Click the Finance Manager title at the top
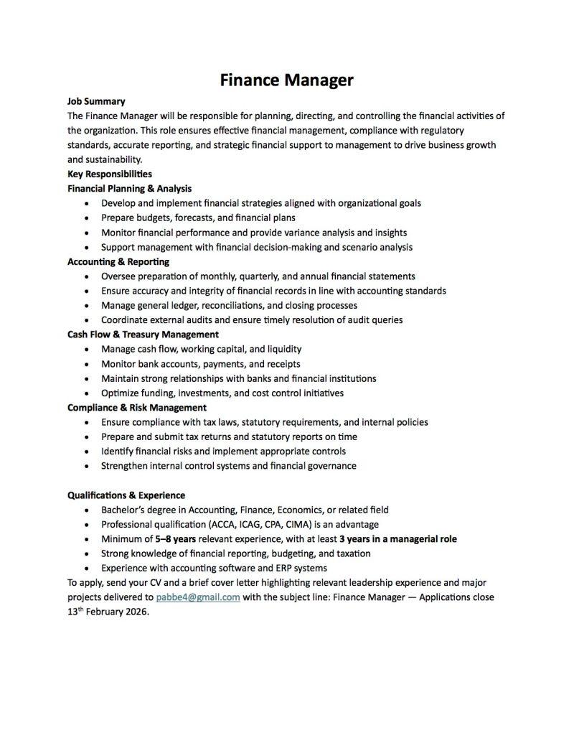tap(286, 80)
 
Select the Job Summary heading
tap(96, 101)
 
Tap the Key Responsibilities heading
tap(109, 174)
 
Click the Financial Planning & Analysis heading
tap(129, 188)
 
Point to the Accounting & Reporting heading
tap(118, 261)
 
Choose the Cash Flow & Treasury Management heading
tap(143, 335)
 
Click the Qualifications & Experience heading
tap(126, 495)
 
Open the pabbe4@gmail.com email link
tap(197, 597)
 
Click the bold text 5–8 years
tap(175, 539)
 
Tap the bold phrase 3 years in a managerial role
tap(397, 539)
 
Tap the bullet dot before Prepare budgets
tap(86, 218)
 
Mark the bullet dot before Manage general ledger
tap(86, 306)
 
